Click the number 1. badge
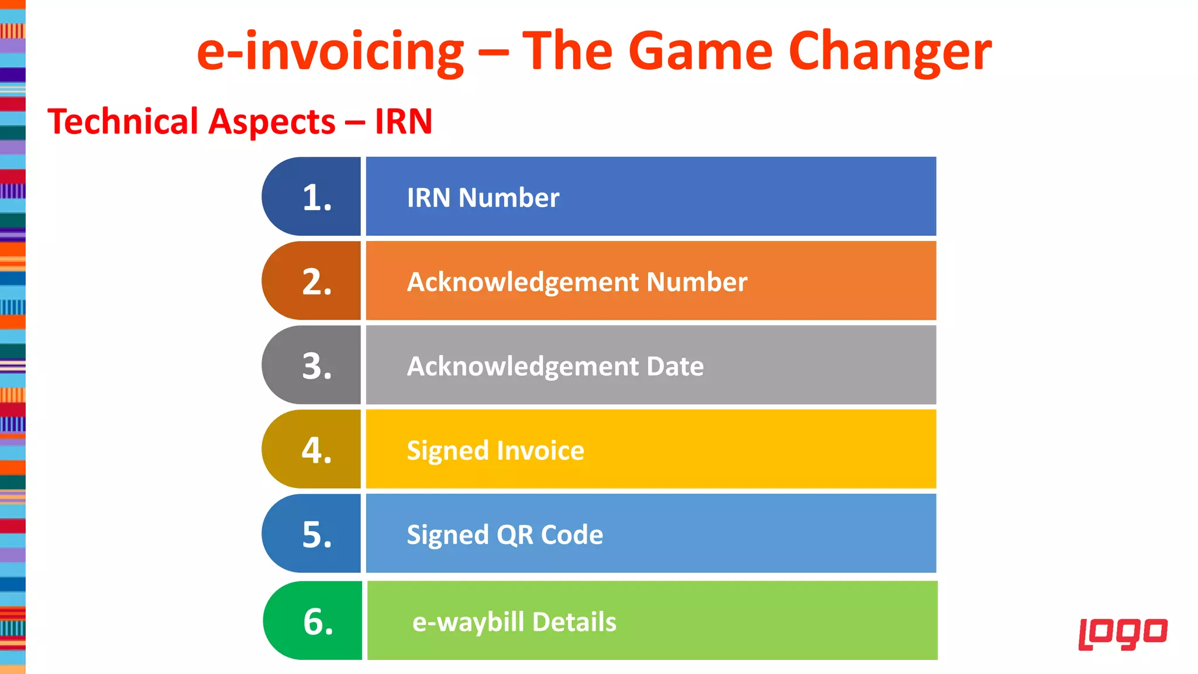[x=312, y=197]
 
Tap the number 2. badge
[x=312, y=281]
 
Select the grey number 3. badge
[x=312, y=366]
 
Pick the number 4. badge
[x=312, y=450]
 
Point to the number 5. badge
[x=312, y=534]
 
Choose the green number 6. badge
[x=314, y=621]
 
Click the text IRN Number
[x=483, y=198]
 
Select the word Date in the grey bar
[x=675, y=366]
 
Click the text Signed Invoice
[x=495, y=451]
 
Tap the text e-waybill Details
[x=514, y=621]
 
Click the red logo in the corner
[x=1123, y=633]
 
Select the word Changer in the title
[x=890, y=51]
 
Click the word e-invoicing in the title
[x=331, y=51]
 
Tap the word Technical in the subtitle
[x=123, y=122]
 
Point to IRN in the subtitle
[x=404, y=122]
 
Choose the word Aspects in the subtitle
[x=272, y=122]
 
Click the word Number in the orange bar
[x=697, y=282]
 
